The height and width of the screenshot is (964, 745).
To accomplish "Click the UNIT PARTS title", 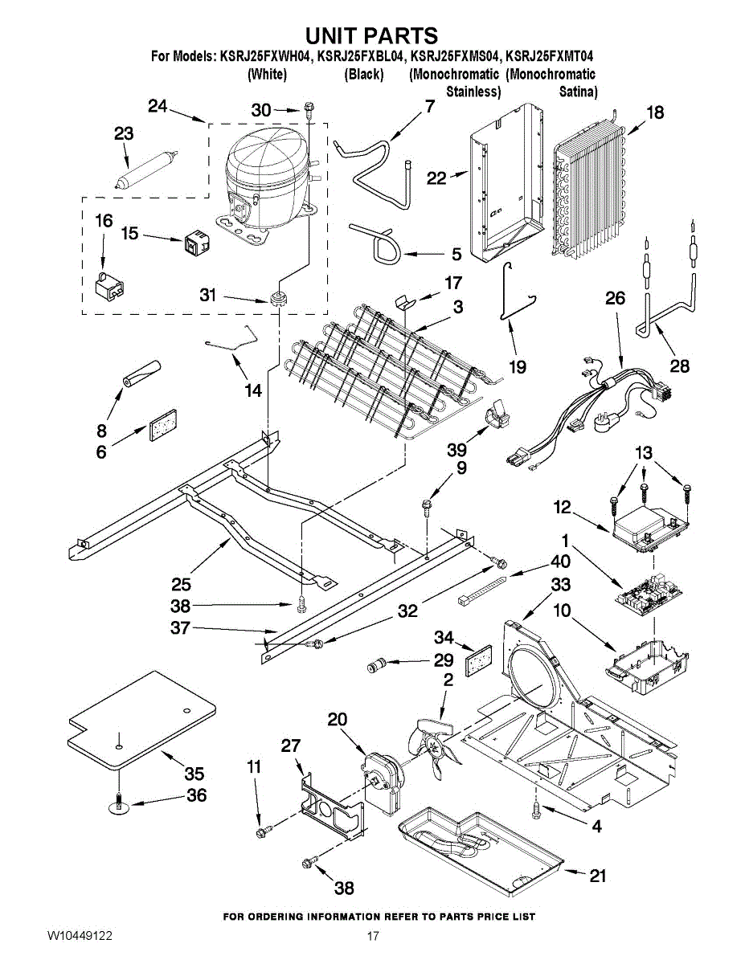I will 372,36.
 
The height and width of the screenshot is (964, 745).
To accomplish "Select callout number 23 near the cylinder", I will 124,134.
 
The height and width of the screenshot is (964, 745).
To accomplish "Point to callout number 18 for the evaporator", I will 655,112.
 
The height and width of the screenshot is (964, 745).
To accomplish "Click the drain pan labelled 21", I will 482,852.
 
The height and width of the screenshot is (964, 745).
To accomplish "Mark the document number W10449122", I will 79,937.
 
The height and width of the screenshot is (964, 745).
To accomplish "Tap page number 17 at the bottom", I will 372,937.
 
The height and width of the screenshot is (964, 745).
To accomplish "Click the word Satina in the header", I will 578,92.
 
